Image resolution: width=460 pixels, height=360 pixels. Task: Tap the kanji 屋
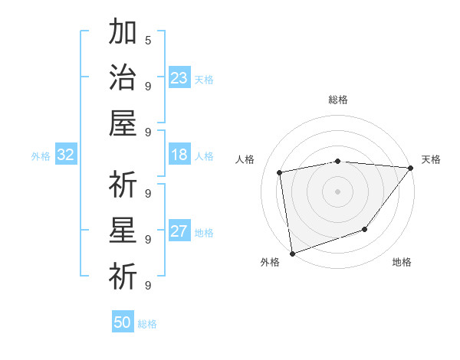pos(123,123)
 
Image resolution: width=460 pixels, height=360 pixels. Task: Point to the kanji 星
pos(123,230)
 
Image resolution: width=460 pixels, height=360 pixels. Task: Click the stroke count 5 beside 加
pos(148,40)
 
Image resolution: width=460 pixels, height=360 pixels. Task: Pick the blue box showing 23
pos(179,77)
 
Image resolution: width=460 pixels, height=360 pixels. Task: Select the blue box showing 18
pos(179,155)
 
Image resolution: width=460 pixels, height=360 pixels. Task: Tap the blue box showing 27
pos(179,231)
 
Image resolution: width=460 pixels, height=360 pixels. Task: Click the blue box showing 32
pos(65,155)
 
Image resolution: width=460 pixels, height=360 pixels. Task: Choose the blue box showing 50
pos(123,322)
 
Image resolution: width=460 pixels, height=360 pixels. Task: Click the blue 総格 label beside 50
pos(147,324)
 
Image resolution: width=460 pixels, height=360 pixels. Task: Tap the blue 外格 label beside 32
pos(41,156)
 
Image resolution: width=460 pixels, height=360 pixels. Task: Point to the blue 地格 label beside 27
pos(204,233)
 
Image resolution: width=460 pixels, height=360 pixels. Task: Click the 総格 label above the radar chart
pos(338,100)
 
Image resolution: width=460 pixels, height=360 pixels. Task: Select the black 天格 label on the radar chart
pos(431,159)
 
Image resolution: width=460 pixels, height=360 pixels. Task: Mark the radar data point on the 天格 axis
pos(410,168)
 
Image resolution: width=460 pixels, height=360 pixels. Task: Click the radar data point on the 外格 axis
pos(292,253)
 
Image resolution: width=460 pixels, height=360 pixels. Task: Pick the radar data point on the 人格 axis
pos(280,172)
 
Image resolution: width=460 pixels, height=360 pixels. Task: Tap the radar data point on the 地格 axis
pos(365,229)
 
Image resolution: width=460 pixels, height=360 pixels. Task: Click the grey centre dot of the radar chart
pos(337,191)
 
